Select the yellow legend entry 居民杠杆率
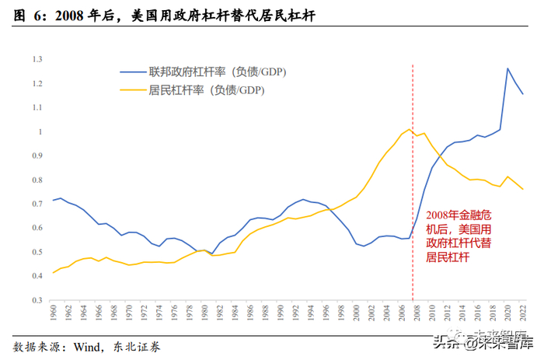coord(206,90)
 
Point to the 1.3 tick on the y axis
coord(37,59)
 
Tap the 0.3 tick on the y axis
coord(37,300)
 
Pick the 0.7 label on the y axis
coord(37,204)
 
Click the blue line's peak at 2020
coord(507,68)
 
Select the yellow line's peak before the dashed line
coord(410,129)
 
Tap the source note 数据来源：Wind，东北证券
coord(89,346)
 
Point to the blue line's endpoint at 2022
coord(523,95)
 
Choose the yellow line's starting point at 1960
coord(53,272)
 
